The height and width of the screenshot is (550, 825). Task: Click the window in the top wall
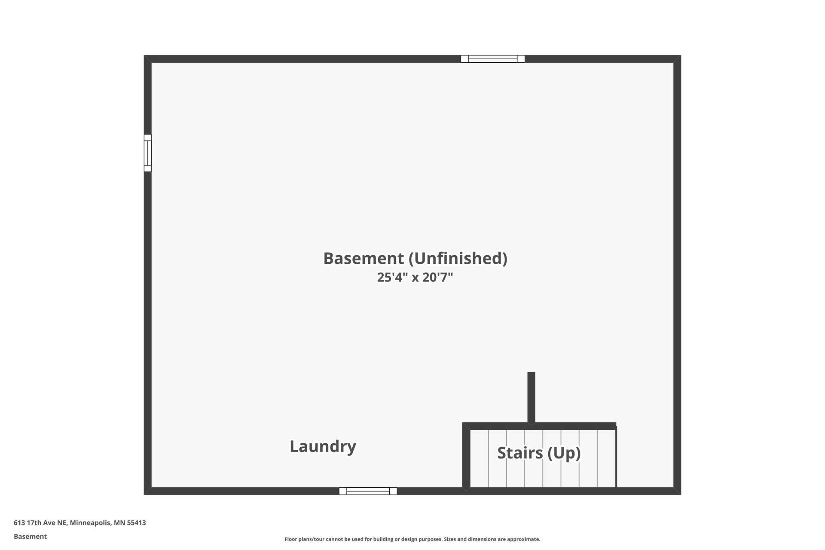tap(492, 59)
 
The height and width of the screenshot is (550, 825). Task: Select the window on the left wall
tap(147, 153)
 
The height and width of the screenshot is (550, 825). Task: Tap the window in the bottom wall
tap(368, 491)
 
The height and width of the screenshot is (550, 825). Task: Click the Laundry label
tap(323, 446)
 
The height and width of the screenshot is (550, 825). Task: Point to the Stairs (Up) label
tap(539, 453)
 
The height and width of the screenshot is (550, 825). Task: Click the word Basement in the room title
tap(364, 258)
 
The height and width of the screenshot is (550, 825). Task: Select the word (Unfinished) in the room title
tap(458, 259)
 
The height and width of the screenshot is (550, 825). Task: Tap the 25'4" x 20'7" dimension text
tap(415, 277)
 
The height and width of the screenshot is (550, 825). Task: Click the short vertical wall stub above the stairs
tap(531, 398)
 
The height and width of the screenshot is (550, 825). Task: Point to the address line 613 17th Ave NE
tap(40, 523)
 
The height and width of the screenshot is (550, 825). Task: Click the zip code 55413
tap(136, 523)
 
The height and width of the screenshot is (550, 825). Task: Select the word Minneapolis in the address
tap(91, 523)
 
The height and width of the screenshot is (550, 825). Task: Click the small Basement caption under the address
tap(30, 536)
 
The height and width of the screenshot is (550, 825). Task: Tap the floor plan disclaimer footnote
tap(412, 539)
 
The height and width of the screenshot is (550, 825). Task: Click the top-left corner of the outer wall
tap(144, 55)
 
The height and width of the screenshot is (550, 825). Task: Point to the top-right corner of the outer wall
tap(681, 55)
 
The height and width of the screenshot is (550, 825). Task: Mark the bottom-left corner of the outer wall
tap(144, 495)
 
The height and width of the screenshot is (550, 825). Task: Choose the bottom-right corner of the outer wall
tap(681, 495)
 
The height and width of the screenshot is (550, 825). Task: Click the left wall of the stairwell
tap(466, 456)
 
